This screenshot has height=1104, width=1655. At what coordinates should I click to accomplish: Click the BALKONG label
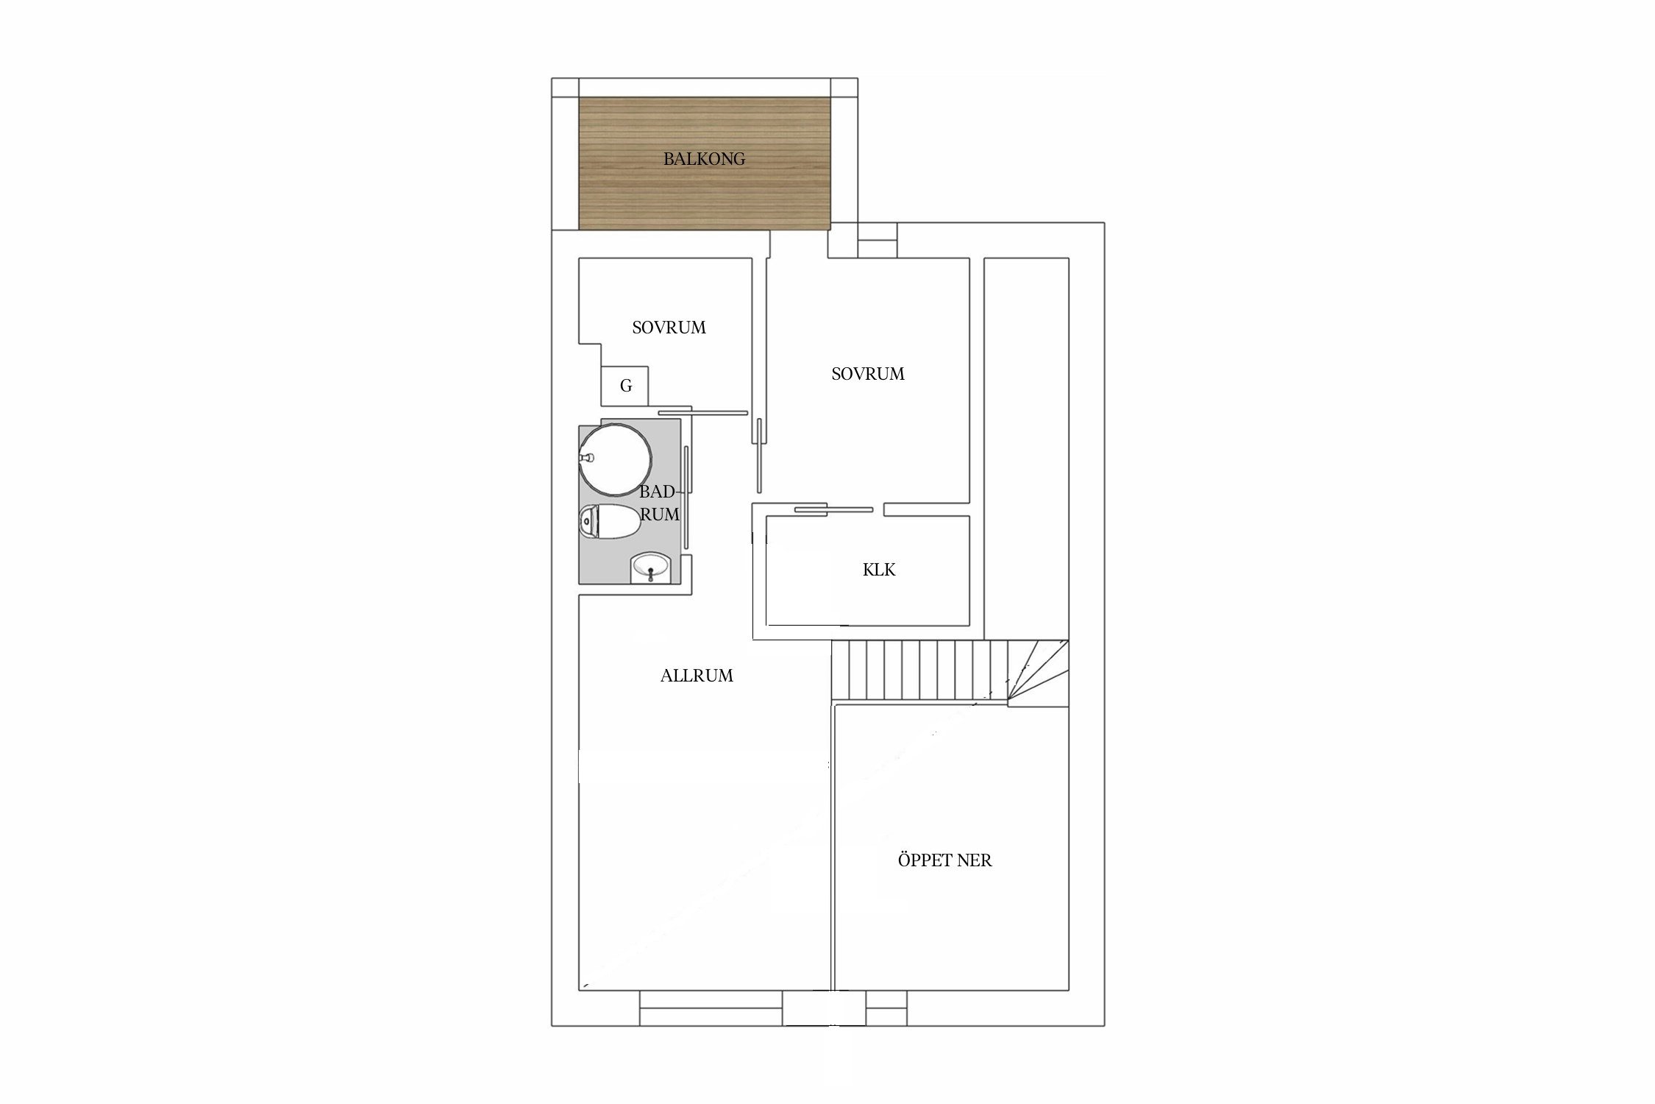(704, 158)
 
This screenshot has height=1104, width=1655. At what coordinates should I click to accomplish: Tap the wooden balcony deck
(705, 163)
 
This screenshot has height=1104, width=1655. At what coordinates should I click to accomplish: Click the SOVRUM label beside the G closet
(669, 328)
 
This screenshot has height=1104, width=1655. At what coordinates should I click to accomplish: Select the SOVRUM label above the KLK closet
(868, 374)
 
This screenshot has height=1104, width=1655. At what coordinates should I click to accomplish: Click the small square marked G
(626, 386)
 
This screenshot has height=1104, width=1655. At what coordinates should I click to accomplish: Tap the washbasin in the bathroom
(651, 569)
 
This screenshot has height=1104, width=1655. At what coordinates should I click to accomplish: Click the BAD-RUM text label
(659, 503)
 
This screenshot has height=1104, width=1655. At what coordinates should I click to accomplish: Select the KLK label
(879, 570)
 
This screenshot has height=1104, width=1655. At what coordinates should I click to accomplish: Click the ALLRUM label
(697, 676)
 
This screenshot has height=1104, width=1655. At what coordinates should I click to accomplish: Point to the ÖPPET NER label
(944, 860)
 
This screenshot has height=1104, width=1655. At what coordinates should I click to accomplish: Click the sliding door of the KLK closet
(833, 509)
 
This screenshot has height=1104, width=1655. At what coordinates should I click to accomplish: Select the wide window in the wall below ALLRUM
(711, 1008)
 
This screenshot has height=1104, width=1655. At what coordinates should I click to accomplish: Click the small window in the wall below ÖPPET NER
(886, 1008)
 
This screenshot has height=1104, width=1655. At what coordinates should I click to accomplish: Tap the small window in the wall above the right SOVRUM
(878, 240)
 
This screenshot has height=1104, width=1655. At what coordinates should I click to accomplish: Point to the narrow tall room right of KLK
(1026, 448)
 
